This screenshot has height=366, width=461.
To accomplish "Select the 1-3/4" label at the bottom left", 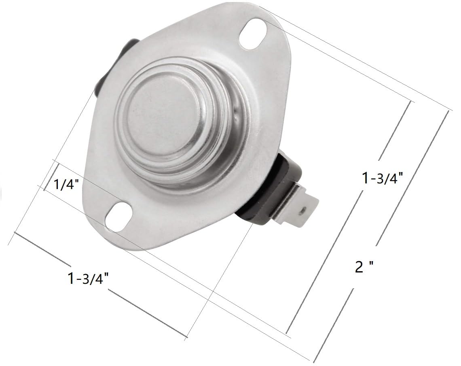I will [89, 279].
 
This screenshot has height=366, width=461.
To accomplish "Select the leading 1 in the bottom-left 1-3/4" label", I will [72, 279].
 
